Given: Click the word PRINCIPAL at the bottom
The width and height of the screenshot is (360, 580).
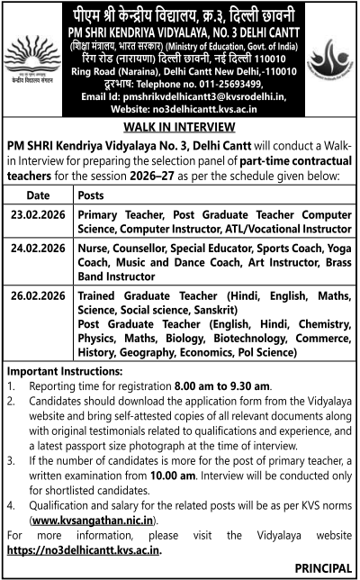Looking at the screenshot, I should pyautogui.click(x=321, y=568).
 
